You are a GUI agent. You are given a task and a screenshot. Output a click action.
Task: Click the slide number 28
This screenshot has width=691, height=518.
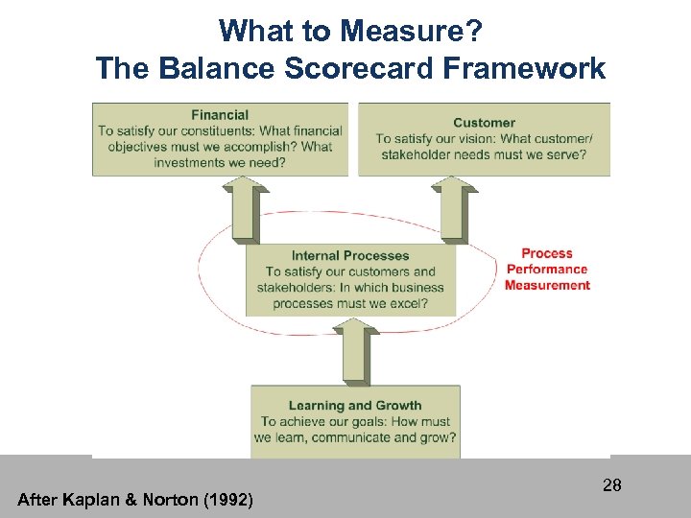[612, 485]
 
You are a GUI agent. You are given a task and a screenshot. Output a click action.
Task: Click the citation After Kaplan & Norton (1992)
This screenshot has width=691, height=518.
[135, 499]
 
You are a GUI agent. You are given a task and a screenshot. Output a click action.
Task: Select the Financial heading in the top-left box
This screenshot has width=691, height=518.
[220, 115]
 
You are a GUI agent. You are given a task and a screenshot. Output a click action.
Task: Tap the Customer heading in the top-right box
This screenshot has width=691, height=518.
[484, 122]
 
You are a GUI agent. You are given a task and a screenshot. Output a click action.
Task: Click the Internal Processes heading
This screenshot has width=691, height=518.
[350, 255]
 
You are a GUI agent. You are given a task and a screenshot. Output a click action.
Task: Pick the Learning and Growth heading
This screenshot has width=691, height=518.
[355, 405]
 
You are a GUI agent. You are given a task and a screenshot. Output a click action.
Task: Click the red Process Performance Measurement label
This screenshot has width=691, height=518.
[547, 270]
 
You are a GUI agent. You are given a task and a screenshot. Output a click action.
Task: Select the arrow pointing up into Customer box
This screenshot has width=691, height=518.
[454, 211]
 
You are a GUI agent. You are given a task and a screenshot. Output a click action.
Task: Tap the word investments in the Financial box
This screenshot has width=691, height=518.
[193, 162]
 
